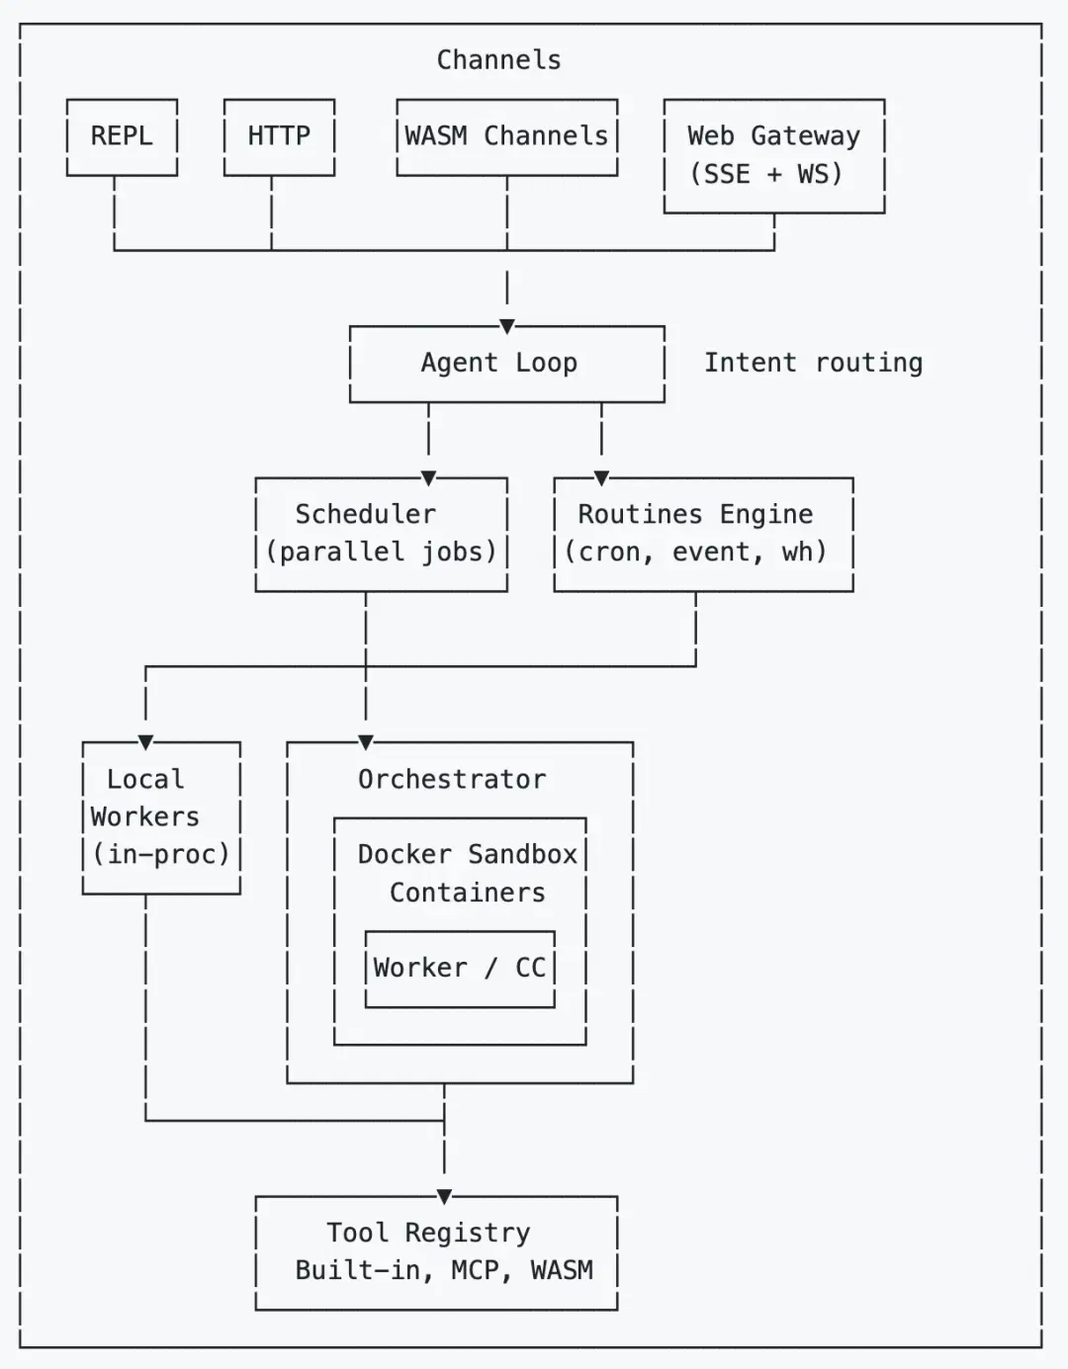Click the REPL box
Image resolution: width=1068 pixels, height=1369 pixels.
[123, 137]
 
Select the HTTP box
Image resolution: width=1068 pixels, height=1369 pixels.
[279, 137]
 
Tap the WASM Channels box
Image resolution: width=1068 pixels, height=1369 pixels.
[507, 137]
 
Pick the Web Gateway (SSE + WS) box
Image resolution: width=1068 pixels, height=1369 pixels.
[774, 156]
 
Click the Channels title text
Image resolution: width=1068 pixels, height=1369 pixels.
[499, 60]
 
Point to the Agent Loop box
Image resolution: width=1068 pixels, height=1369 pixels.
[507, 364]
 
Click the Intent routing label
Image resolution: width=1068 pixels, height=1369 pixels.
[813, 363]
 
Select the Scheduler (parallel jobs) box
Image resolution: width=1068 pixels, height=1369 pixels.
[381, 535]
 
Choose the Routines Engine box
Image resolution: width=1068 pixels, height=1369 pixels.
[704, 535]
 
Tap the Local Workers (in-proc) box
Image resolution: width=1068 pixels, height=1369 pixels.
[161, 817]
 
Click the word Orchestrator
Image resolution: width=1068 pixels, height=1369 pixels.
[452, 780]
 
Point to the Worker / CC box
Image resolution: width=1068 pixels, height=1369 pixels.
[460, 969]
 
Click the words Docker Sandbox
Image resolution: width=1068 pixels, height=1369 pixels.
[468, 855]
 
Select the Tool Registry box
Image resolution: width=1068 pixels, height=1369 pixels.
[437, 1253]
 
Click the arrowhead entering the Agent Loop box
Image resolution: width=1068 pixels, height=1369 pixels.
[507, 326]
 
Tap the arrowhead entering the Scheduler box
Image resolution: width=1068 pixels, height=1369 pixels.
[428, 478]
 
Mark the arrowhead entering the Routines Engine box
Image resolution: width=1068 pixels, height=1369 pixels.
[601, 478]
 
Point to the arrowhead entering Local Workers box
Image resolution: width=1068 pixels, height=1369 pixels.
[145, 742]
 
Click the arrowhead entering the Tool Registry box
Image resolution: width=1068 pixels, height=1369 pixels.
[444, 1196]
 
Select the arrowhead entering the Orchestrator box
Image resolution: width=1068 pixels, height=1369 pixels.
[366, 742]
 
